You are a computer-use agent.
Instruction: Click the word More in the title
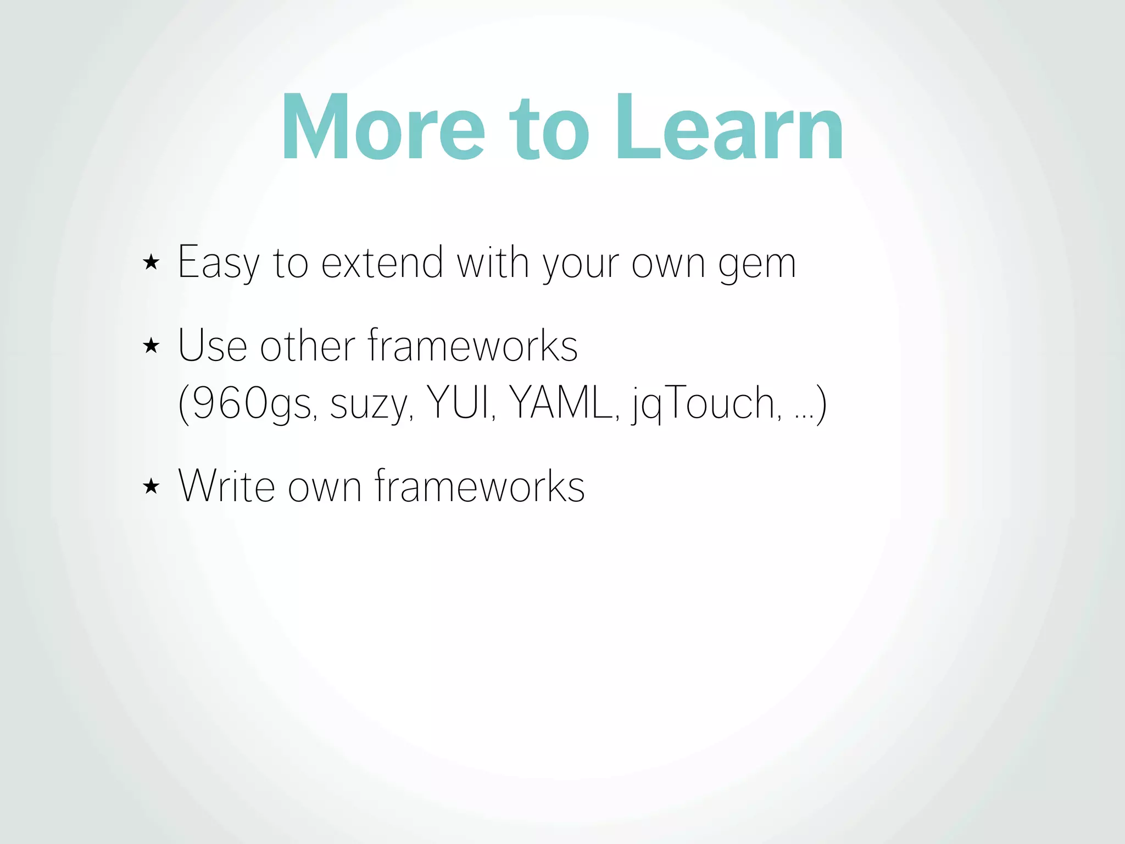(383, 128)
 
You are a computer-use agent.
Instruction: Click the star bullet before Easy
(151, 262)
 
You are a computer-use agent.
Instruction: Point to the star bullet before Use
(151, 346)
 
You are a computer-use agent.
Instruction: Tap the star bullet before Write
(151, 486)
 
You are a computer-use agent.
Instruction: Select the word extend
(382, 263)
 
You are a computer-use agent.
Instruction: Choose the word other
(308, 346)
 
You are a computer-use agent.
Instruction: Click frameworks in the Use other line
(473, 346)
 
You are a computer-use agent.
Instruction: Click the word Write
(226, 486)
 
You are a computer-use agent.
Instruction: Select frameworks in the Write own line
(480, 486)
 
